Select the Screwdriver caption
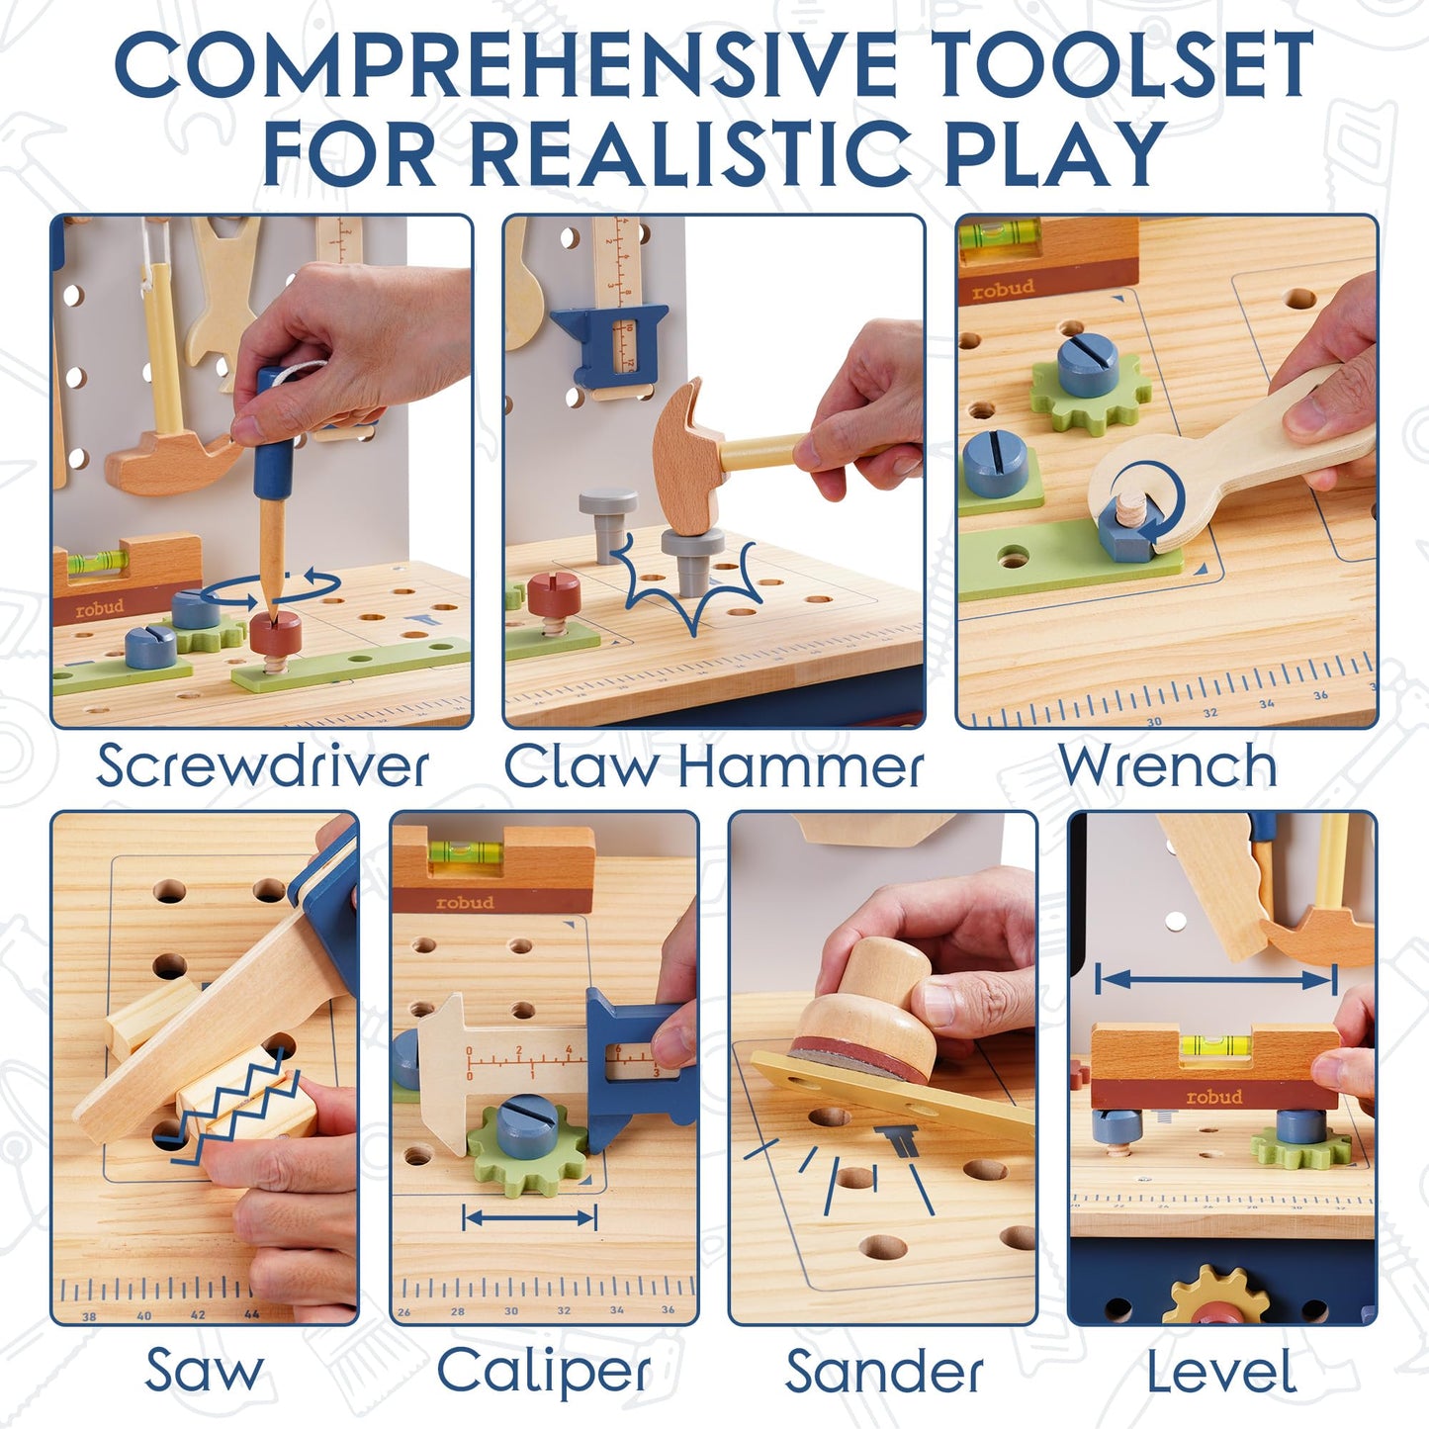tap(262, 766)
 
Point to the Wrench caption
tap(1167, 766)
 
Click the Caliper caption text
tap(544, 1373)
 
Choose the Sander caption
tap(884, 1373)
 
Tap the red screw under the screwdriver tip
tap(275, 633)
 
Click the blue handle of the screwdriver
tap(274, 435)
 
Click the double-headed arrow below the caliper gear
tap(530, 1217)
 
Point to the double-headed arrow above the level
tap(1216, 980)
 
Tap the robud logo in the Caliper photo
tap(465, 902)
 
